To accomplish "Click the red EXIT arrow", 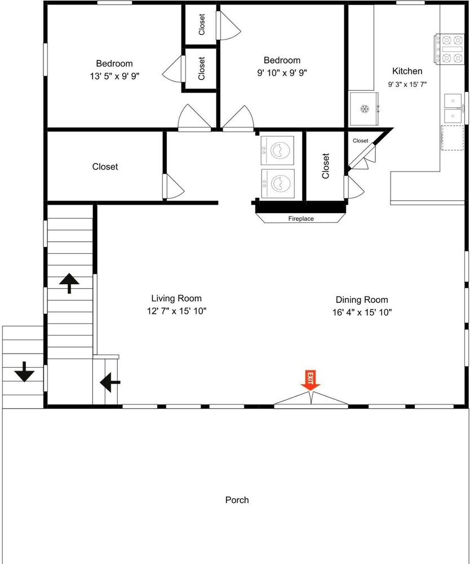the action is point(311,380).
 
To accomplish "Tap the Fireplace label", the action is point(301,219).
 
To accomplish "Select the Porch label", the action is point(237,500).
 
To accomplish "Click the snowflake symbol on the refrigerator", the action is point(365,109).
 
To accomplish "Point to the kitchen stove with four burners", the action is point(449,49).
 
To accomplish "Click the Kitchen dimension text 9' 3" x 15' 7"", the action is point(407,85).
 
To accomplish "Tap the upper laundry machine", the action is point(277,151).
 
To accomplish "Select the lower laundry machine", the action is point(278,183).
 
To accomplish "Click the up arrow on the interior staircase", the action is point(69,283).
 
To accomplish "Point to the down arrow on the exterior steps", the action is point(24,372).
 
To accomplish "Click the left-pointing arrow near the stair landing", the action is point(110,382).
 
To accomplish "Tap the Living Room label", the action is point(176,298).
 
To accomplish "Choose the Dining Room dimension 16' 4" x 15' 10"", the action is point(362,312).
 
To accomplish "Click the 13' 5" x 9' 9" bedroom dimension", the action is point(114,76).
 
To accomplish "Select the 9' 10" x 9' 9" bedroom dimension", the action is point(282,73).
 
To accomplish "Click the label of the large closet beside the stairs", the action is point(105,166).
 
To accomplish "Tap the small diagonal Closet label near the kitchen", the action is point(361,140).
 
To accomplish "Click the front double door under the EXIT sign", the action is point(311,400).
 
